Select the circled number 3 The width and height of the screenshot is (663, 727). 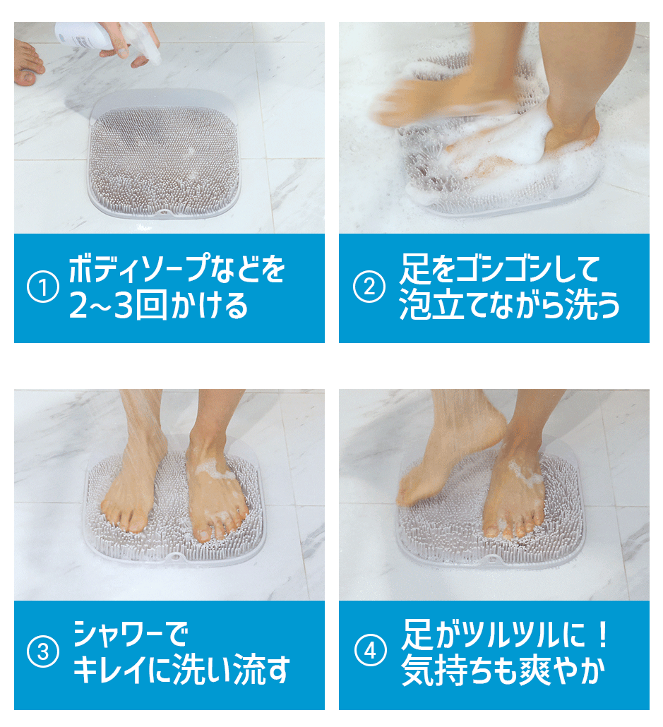(x=43, y=652)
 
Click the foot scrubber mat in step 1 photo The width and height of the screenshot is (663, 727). (x=164, y=156)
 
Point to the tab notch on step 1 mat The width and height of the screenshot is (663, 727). (x=162, y=212)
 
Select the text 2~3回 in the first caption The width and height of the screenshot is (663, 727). (x=118, y=306)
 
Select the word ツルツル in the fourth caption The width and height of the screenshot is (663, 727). (x=511, y=635)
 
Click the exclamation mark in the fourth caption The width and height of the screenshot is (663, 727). (x=602, y=635)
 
